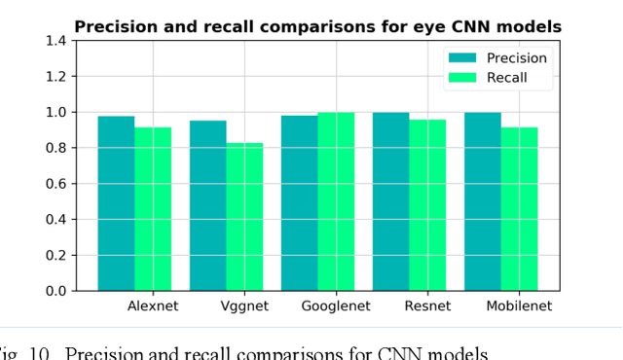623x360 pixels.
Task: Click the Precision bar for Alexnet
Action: click(x=116, y=203)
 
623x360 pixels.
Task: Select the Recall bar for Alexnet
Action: click(x=153, y=209)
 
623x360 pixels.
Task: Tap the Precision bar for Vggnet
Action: click(x=207, y=205)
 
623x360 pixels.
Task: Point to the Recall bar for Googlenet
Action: click(x=337, y=201)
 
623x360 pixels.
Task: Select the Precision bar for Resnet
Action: click(x=391, y=201)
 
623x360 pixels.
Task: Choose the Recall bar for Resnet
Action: click(x=428, y=205)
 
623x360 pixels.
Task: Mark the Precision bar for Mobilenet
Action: click(x=483, y=201)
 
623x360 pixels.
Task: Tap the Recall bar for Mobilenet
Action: click(x=520, y=209)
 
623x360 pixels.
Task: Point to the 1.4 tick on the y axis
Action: click(x=56, y=41)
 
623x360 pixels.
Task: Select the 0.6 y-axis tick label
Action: click(x=56, y=184)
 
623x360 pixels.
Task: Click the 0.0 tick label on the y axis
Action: click(x=56, y=291)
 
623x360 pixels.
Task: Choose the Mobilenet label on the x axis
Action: click(x=519, y=306)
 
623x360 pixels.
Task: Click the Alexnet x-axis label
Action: click(x=154, y=306)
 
